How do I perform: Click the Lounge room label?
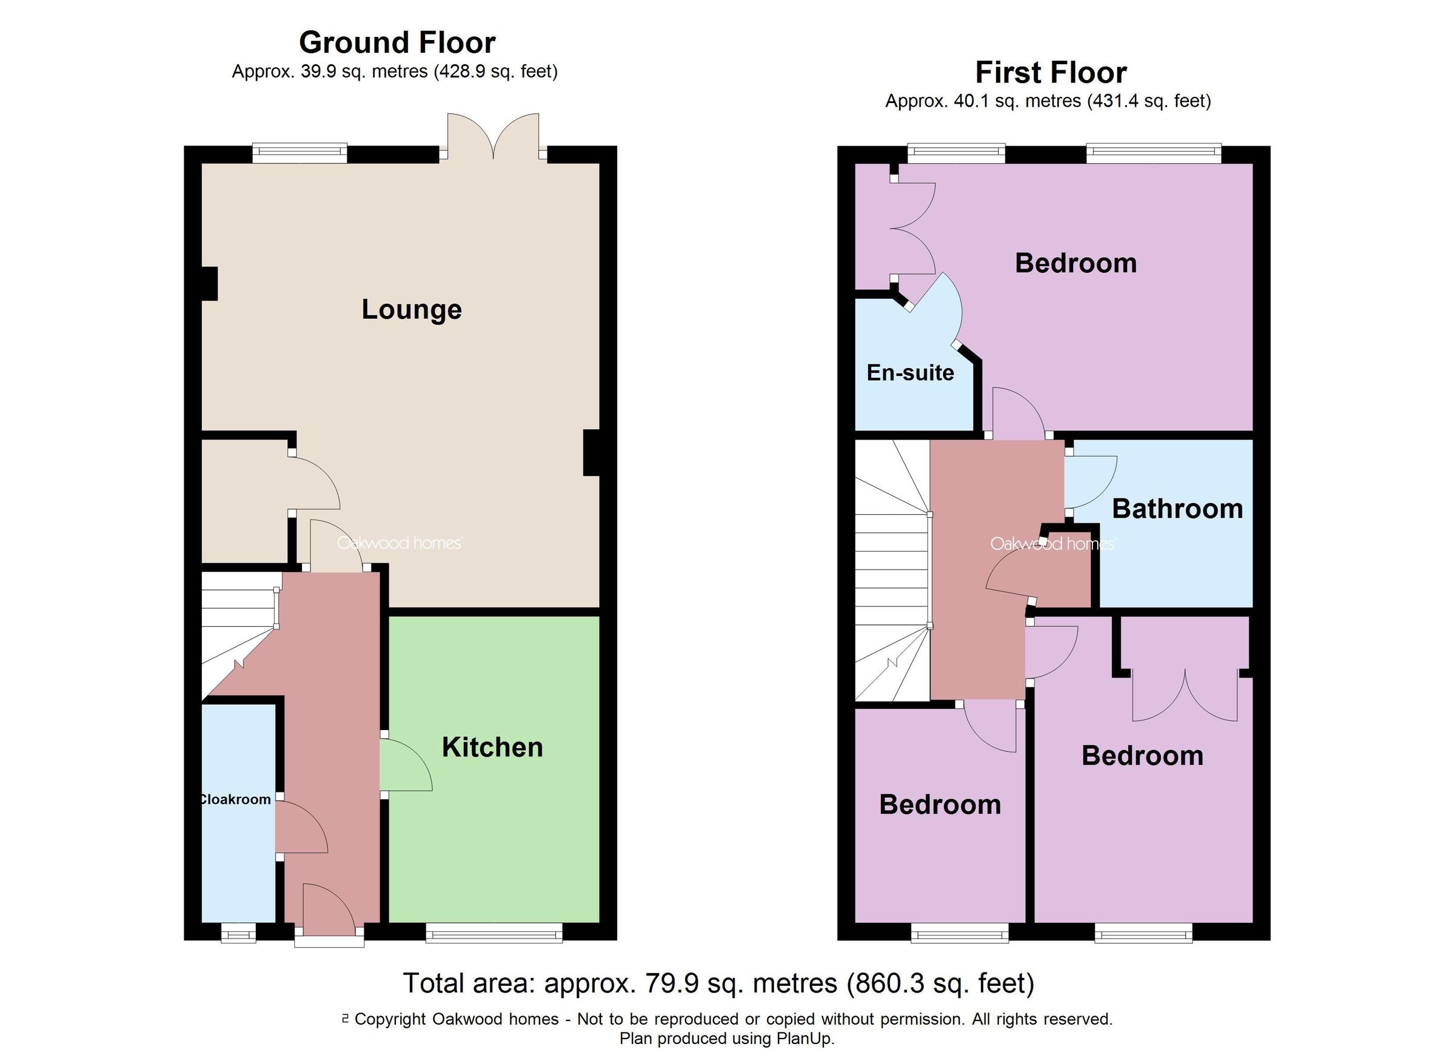[x=411, y=309]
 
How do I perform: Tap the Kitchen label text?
[x=492, y=748]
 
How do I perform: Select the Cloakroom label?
[x=235, y=800]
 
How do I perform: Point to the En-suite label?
[x=910, y=373]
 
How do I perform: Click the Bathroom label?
[x=1177, y=509]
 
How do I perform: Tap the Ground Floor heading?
[x=397, y=43]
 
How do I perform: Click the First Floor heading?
[x=1050, y=73]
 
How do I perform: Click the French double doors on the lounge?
[x=493, y=136]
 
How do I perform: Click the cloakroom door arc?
[x=301, y=827]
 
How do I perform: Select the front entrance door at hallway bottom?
[x=329, y=912]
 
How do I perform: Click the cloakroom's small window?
[x=239, y=933]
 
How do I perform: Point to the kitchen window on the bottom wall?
[x=494, y=933]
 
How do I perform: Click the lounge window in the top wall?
[x=299, y=153]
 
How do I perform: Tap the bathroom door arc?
[x=1092, y=482]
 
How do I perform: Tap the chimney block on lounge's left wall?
[x=209, y=284]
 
